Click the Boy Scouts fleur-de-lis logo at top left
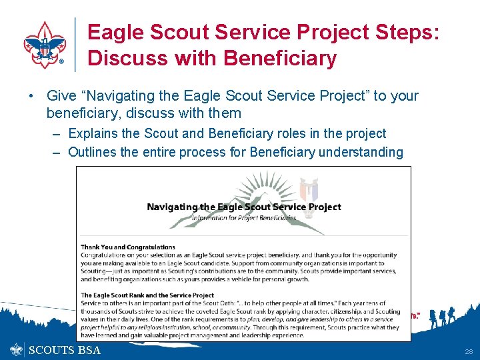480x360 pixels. (45, 45)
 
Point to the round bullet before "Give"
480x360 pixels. (32, 96)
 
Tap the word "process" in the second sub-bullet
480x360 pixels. (217, 153)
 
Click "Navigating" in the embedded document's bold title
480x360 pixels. (175, 207)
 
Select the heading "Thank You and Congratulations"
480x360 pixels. (128, 247)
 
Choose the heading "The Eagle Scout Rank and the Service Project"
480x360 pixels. (147, 295)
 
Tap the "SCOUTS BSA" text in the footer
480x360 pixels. (65, 350)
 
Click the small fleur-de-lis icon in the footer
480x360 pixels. (17, 350)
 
